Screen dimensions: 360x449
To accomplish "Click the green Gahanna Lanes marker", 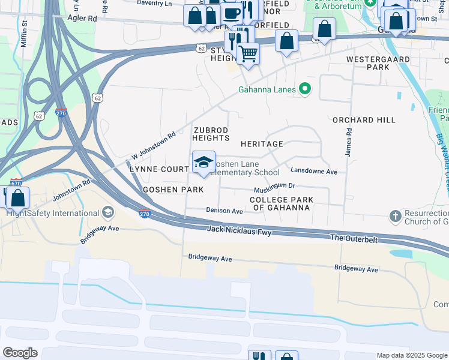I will [305, 90].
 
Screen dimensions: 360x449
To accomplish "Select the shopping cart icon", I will [248, 54].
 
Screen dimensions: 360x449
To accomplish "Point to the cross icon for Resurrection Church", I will [395, 215].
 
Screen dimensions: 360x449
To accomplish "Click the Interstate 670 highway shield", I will [17, 182].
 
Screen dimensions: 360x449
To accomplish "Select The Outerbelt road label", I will [354, 238].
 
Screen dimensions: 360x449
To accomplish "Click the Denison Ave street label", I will [224, 211].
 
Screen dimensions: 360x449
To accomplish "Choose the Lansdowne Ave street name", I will [314, 172].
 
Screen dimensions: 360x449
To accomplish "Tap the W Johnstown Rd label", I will [152, 146].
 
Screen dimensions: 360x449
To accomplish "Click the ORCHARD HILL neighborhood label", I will [364, 120].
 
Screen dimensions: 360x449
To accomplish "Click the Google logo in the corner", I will [20, 353].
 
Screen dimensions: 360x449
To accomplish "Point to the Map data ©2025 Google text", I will [411, 355].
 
